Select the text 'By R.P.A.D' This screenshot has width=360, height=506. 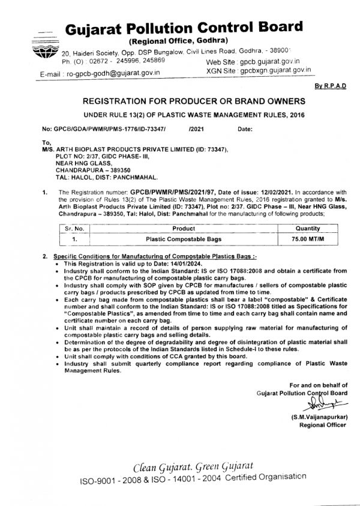[x=330, y=86]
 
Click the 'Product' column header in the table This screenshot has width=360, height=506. [x=183, y=229]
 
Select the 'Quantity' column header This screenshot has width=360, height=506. [x=307, y=229]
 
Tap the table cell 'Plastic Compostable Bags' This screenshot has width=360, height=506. [x=183, y=238]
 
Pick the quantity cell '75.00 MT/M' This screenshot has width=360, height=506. [x=307, y=238]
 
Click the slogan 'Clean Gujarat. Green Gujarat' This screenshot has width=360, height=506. [x=193, y=467]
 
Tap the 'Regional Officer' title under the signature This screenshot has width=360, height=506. [x=323, y=425]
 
